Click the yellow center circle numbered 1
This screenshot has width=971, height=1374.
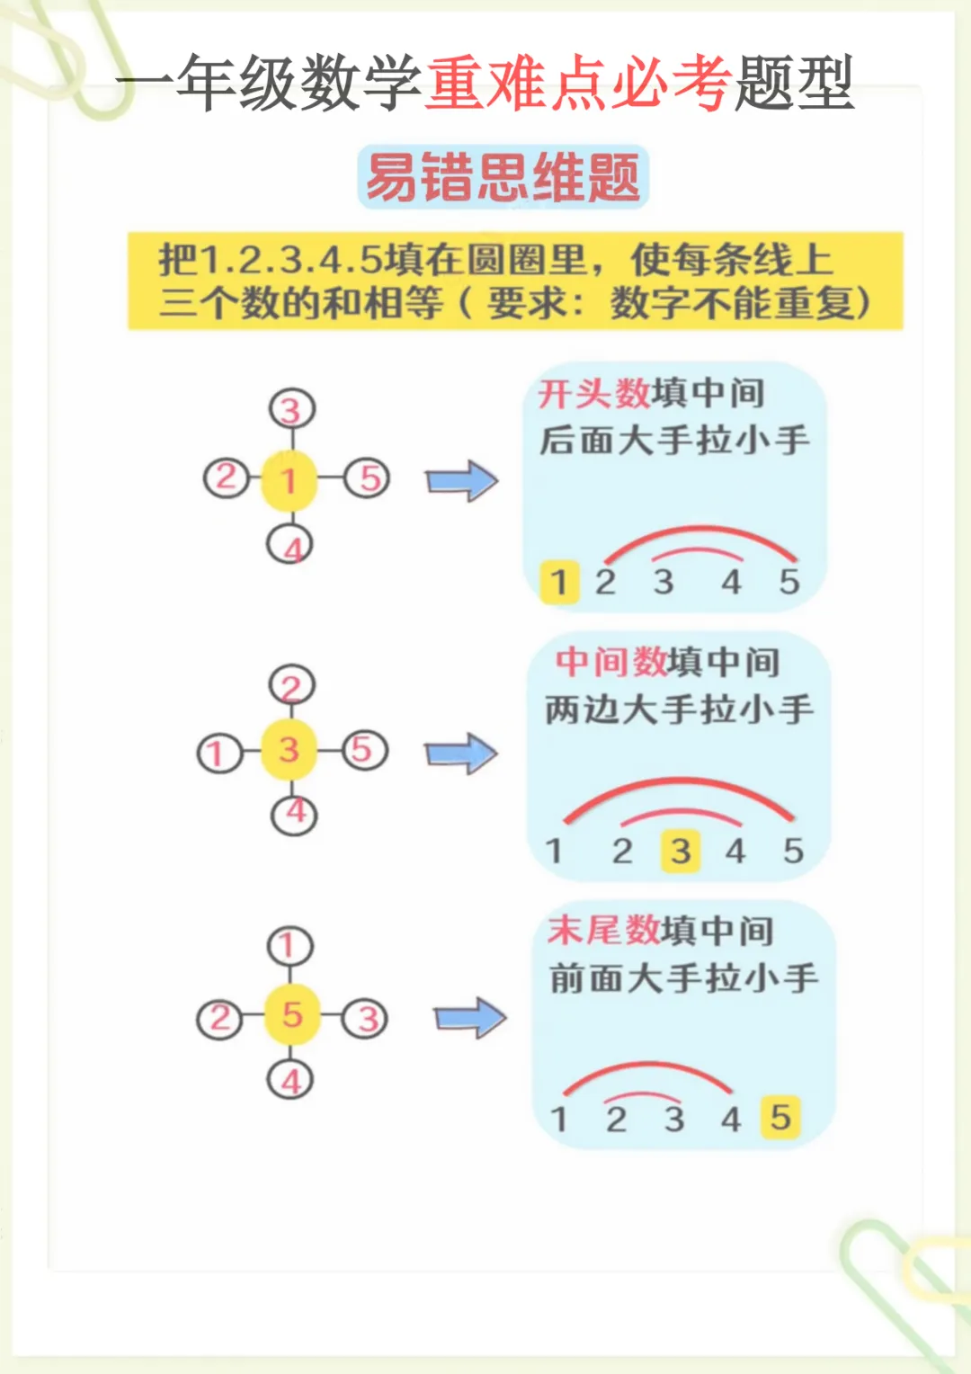[289, 480]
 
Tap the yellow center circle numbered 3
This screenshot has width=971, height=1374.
[289, 749]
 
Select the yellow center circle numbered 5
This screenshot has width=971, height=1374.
[291, 1015]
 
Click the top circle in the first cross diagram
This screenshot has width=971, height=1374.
[291, 410]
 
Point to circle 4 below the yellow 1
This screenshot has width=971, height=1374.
[290, 545]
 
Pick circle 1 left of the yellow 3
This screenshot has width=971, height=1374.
[218, 754]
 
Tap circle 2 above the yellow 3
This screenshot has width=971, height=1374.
[292, 687]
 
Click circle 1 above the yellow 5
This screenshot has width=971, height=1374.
[290, 946]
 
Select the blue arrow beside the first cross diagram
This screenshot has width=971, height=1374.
[461, 481]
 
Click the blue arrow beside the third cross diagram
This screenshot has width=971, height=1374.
[470, 1018]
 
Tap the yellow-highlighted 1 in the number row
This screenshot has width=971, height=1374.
[559, 581]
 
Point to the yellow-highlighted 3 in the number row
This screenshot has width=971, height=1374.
[681, 851]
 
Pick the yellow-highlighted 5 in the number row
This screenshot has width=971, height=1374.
[779, 1118]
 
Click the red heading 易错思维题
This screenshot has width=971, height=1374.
[503, 177]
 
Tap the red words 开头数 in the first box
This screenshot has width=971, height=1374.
[593, 394]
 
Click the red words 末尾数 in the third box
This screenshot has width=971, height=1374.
[603, 931]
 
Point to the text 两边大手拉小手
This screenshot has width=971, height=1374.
[679, 709]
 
